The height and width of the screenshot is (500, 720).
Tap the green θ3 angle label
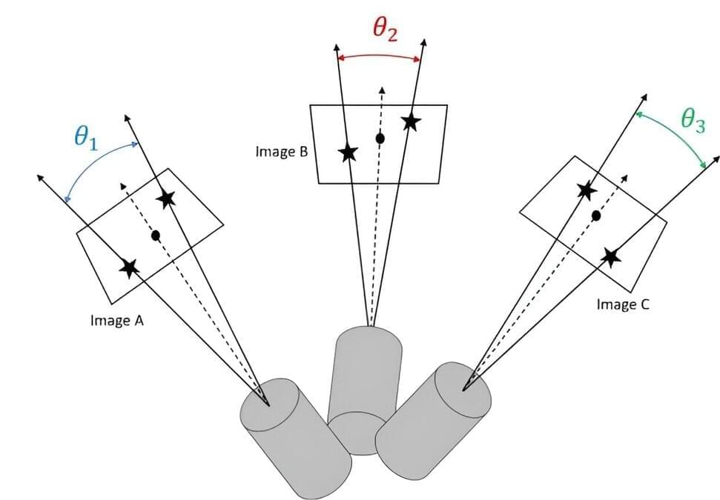click(x=693, y=121)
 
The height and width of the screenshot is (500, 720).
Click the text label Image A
click(x=116, y=321)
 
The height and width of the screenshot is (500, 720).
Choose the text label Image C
click(x=623, y=304)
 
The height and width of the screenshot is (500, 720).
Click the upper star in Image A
click(x=166, y=198)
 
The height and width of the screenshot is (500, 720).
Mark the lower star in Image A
click(x=130, y=268)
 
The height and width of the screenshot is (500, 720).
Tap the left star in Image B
click(x=348, y=153)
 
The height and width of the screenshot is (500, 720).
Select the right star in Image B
click(x=411, y=121)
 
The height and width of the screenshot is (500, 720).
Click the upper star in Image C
click(x=586, y=190)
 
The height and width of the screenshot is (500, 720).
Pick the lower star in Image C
click(x=610, y=257)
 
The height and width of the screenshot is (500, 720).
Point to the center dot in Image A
click(x=155, y=236)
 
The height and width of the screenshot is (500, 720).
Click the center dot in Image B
click(x=380, y=138)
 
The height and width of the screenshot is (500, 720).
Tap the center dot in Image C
click(x=596, y=216)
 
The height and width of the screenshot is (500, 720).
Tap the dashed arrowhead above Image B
click(x=381, y=89)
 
